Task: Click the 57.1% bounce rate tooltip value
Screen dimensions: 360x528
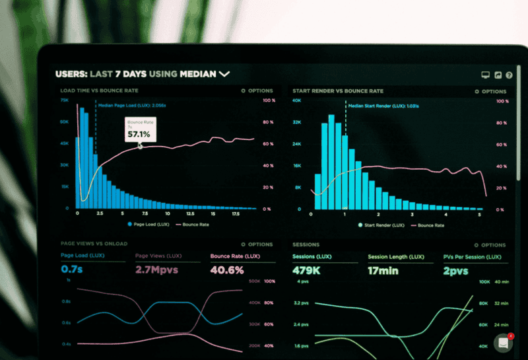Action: click(x=139, y=134)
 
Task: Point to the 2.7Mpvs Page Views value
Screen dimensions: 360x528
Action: click(x=156, y=270)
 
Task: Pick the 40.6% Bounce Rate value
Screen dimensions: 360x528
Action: click(x=227, y=270)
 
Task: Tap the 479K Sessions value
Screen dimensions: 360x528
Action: click(x=306, y=270)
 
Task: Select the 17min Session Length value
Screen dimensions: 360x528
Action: click(x=383, y=270)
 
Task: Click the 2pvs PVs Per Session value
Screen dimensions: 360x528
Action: click(x=456, y=270)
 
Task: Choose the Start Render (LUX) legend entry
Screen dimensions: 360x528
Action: click(x=381, y=225)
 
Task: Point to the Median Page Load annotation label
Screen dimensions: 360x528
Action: click(x=131, y=105)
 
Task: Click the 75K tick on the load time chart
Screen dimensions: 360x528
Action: click(x=64, y=100)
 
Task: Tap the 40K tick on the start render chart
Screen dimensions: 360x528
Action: click(x=296, y=100)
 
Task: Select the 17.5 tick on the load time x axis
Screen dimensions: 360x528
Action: click(x=235, y=214)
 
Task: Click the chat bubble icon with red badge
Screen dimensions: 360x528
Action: click(x=504, y=343)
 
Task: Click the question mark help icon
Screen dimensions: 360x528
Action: click(x=509, y=75)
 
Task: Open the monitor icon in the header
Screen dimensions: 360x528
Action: click(x=486, y=75)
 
